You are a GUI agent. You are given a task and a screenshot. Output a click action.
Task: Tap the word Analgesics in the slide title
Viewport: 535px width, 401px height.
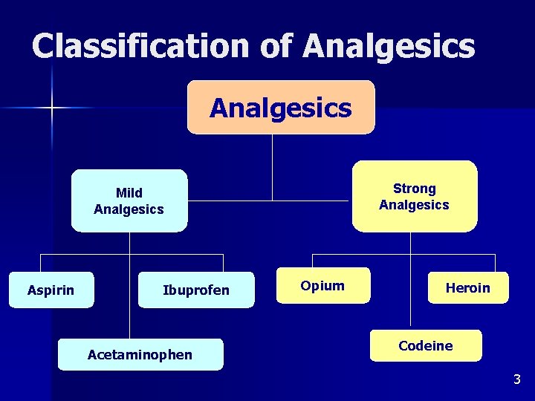click(x=389, y=46)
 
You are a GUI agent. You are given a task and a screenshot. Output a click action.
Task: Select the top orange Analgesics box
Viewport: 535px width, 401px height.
click(x=281, y=108)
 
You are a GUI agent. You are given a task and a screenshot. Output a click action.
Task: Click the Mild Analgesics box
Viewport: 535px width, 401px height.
click(x=129, y=201)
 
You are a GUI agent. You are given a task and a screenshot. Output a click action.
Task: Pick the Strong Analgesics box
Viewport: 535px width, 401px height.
click(x=414, y=197)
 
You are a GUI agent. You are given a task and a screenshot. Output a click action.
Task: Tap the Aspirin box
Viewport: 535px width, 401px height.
click(x=51, y=290)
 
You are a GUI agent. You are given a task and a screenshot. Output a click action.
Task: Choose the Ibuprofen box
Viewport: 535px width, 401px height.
click(x=196, y=290)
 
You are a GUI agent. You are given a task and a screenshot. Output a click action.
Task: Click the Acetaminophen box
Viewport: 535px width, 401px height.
click(x=140, y=355)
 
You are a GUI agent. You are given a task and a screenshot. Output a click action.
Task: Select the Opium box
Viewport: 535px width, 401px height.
click(x=322, y=286)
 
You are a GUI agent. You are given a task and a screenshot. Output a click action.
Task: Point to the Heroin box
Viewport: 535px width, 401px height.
click(x=468, y=287)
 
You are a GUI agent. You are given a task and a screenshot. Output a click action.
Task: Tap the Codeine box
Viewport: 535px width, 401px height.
click(x=426, y=346)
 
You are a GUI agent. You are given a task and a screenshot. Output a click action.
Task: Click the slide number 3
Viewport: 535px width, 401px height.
click(x=517, y=380)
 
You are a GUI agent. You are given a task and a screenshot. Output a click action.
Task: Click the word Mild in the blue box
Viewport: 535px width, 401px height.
click(x=129, y=193)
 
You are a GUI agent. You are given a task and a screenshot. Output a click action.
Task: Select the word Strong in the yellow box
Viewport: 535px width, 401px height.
click(x=414, y=189)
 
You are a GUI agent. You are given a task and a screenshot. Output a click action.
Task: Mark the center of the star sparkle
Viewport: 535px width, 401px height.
click(x=53, y=108)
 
